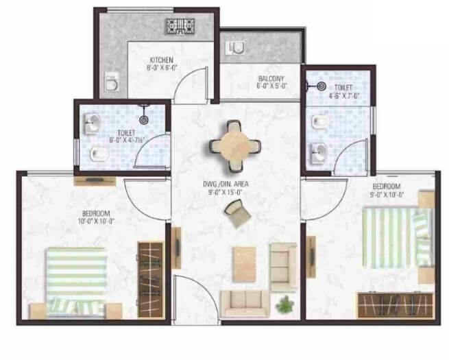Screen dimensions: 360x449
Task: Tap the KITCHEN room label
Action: [161, 60]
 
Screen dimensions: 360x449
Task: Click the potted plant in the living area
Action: [282, 302]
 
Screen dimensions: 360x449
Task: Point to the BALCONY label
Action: [271, 78]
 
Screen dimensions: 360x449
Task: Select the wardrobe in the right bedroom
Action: [396, 304]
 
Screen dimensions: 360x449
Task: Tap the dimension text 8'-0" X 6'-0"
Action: [162, 69]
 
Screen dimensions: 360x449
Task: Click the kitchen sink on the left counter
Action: [110, 84]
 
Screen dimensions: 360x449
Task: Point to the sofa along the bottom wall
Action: [241, 300]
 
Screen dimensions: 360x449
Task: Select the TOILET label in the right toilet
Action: [343, 88]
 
